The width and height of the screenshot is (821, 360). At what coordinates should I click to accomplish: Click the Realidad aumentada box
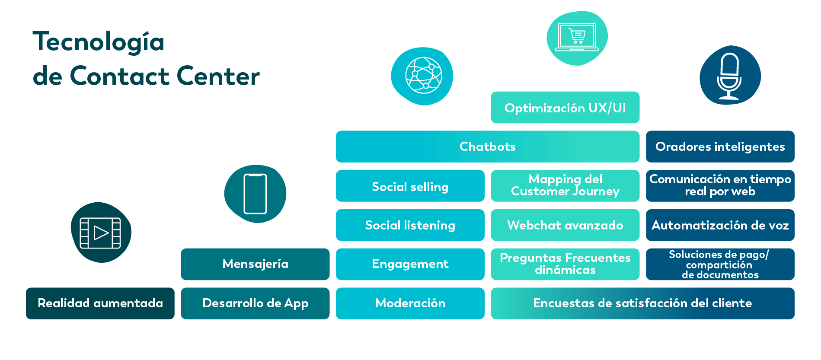pyautogui.click(x=100, y=303)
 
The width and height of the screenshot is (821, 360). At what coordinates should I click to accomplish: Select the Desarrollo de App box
pyautogui.click(x=255, y=303)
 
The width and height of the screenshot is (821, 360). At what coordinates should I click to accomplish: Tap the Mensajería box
pyautogui.click(x=255, y=264)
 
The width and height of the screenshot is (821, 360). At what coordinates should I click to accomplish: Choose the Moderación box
pyautogui.click(x=410, y=303)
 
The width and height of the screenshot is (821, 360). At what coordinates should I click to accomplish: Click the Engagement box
pyautogui.click(x=410, y=264)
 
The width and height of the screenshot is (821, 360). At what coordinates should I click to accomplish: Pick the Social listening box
pyautogui.click(x=410, y=225)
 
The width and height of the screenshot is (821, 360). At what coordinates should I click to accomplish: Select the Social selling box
pyautogui.click(x=410, y=186)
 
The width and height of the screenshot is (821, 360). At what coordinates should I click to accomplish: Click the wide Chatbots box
pyautogui.click(x=488, y=147)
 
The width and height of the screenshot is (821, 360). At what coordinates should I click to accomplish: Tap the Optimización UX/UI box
pyautogui.click(x=565, y=108)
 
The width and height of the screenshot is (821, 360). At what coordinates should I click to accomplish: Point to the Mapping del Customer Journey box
pyautogui.click(x=565, y=186)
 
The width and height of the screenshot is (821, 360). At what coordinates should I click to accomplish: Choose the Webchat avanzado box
pyautogui.click(x=565, y=225)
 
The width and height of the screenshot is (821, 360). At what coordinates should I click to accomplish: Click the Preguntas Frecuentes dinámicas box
pyautogui.click(x=565, y=264)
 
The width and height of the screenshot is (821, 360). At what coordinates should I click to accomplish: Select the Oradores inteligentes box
pyautogui.click(x=720, y=147)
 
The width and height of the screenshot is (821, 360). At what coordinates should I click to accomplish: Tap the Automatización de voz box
pyautogui.click(x=720, y=225)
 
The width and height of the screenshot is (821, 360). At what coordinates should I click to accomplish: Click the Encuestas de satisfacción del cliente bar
pyautogui.click(x=643, y=303)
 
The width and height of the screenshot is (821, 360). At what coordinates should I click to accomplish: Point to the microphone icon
pyautogui.click(x=730, y=75)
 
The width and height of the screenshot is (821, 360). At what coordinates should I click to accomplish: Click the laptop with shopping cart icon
pyautogui.click(x=577, y=38)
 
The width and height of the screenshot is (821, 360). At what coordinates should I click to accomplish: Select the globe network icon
pyautogui.click(x=422, y=76)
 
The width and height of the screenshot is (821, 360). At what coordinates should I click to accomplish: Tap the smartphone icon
pyautogui.click(x=255, y=194)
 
